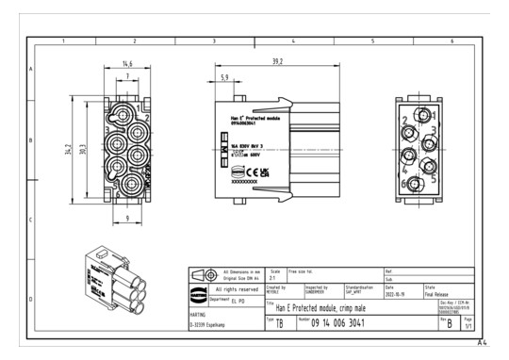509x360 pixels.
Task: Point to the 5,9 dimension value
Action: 223,76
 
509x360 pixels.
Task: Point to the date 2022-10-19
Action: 398,293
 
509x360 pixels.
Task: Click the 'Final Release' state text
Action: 441,293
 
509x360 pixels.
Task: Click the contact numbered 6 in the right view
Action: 406,182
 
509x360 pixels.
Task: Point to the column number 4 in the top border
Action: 293,42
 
